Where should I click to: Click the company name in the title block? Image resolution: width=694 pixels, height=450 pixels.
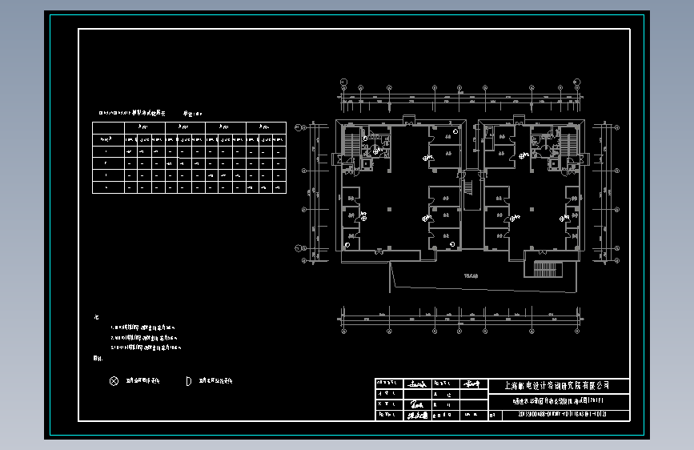[558, 385]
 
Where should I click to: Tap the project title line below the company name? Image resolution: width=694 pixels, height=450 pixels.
[558, 400]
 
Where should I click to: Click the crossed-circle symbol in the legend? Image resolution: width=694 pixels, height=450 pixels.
[114, 381]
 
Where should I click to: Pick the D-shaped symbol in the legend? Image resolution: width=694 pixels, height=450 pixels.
[189, 381]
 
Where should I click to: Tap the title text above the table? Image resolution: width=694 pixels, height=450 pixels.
[132, 115]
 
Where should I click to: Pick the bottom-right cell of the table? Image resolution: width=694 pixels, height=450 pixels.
[279, 187]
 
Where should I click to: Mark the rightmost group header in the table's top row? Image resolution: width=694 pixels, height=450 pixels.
[265, 127]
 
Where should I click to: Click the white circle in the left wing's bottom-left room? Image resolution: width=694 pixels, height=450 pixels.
[347, 244]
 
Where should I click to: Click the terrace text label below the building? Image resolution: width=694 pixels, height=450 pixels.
[471, 276]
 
